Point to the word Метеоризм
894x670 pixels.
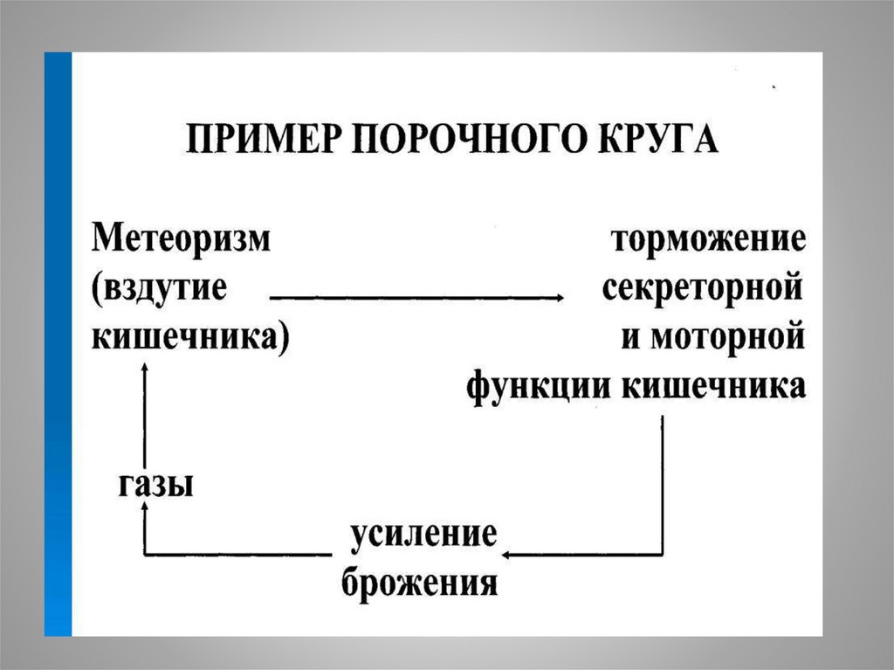[x=182, y=238]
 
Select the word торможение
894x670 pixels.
[x=707, y=238]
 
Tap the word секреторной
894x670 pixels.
[x=703, y=288]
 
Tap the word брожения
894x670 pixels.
[x=419, y=582]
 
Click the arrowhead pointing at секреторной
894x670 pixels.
[x=555, y=298]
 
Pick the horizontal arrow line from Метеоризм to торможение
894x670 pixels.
[x=410, y=298]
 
